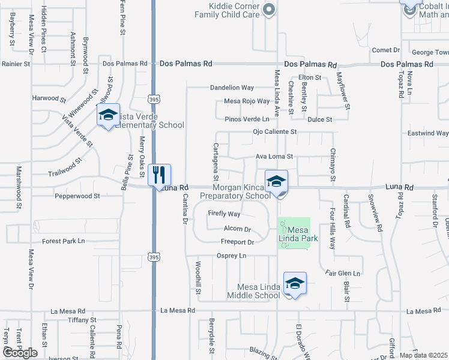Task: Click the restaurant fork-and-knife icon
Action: click(158, 175)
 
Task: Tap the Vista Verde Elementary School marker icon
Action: click(108, 115)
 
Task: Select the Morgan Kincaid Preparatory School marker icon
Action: click(276, 181)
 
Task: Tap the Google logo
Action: click(20, 352)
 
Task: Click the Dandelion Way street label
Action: click(232, 88)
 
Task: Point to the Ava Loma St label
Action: click(274, 157)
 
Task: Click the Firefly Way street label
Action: click(224, 214)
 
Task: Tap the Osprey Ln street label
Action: click(231, 256)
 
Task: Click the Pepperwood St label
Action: click(77, 196)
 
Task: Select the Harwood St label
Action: click(49, 98)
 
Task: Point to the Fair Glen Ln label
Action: click(343, 274)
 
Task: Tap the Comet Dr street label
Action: click(386, 50)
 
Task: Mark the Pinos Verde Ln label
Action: click(246, 119)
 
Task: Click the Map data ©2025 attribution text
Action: click(423, 355)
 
